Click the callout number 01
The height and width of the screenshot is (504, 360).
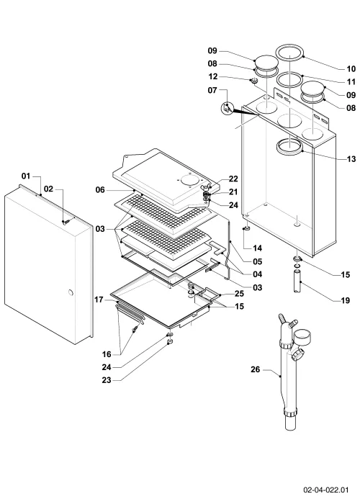(26, 176)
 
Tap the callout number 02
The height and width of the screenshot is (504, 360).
(48, 189)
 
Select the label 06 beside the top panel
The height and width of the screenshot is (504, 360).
(100, 190)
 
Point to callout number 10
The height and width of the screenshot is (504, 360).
(351, 69)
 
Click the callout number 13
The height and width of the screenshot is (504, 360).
(351, 159)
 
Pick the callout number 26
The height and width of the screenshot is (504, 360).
(255, 369)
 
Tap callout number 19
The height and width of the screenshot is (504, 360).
(345, 301)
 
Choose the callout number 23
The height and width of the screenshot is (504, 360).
(107, 380)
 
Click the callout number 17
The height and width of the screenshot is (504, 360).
(99, 300)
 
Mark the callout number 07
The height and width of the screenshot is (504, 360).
(212, 90)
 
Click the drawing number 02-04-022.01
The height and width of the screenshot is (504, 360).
(326, 490)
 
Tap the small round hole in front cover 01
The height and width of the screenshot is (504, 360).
(71, 293)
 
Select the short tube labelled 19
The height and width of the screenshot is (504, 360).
(297, 282)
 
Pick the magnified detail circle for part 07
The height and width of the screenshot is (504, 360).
(227, 108)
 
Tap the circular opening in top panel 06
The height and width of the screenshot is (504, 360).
(188, 180)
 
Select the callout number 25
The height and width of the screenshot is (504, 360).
(239, 294)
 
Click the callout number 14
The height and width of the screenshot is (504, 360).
(258, 248)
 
